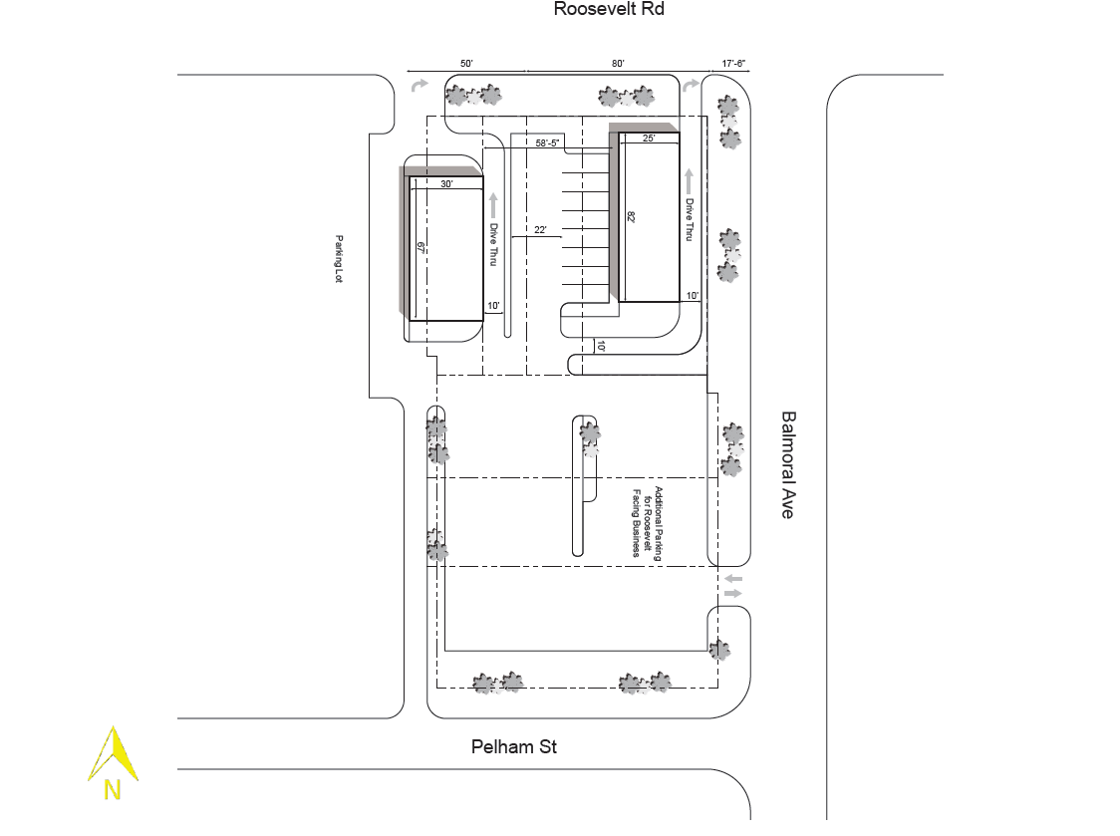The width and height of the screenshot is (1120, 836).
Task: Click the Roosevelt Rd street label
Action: [x=608, y=10]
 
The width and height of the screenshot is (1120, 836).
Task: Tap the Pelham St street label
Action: [x=513, y=746]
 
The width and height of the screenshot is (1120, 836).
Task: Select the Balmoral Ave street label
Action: [x=788, y=464]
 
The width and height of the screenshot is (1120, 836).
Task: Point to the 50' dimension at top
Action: [x=465, y=64]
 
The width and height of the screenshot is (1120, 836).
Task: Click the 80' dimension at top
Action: [x=618, y=64]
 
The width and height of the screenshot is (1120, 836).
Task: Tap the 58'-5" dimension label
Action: [x=548, y=143]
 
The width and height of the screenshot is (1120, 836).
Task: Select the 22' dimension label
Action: [x=540, y=230]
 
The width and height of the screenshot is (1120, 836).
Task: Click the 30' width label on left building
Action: [x=446, y=184]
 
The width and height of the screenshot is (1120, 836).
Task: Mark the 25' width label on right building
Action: [x=649, y=139]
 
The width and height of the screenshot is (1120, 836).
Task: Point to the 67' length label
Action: [x=421, y=249]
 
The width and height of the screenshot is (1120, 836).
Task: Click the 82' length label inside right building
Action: [x=631, y=216]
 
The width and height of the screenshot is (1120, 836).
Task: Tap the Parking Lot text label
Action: [x=339, y=259]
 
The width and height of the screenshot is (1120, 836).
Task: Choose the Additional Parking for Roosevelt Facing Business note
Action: [x=647, y=522]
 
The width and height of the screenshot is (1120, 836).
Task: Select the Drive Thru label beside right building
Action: [x=689, y=220]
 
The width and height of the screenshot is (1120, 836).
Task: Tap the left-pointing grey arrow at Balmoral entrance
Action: [x=733, y=579]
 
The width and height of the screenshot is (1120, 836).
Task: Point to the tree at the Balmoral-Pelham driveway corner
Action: [x=719, y=651]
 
